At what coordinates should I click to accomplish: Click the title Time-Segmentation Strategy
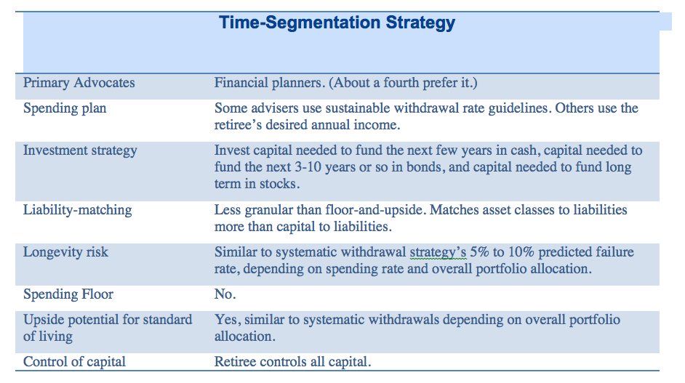coord(337,23)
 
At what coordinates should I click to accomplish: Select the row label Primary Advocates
coord(79,83)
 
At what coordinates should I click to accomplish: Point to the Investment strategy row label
coord(80,150)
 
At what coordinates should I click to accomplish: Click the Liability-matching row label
coord(78,210)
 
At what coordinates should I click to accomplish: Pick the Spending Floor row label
coord(68,294)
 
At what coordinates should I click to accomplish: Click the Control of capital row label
coord(74,362)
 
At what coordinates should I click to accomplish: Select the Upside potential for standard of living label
coord(108,328)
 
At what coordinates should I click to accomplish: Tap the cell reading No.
coord(225,294)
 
